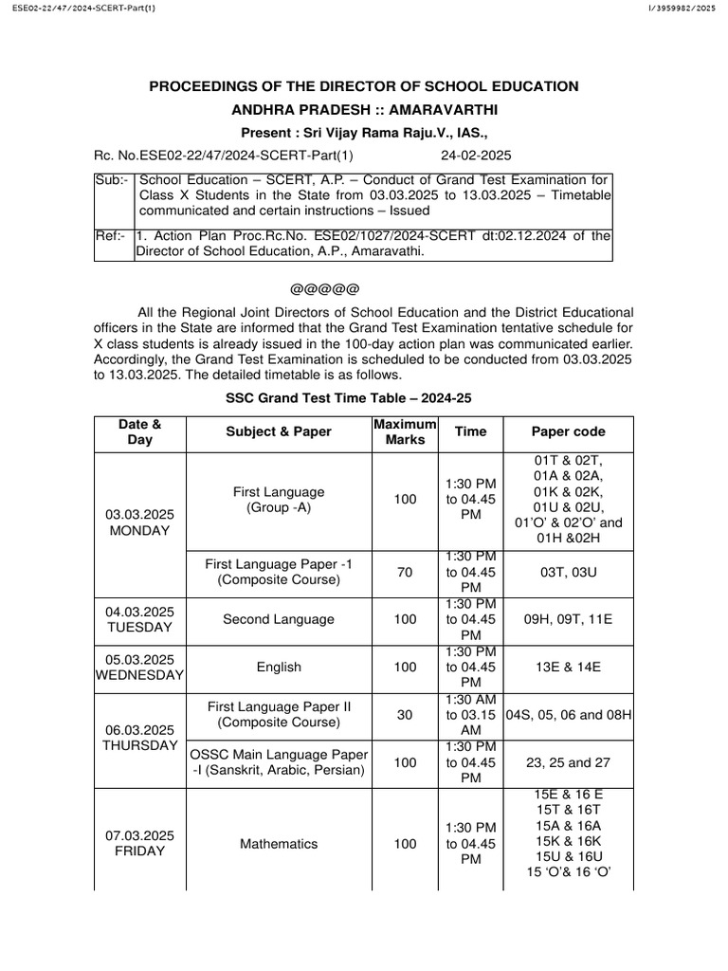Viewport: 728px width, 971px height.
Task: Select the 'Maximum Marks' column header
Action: point(405,431)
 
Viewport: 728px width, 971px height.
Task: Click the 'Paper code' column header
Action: point(568,431)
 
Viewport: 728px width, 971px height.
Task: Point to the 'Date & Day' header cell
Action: point(139,431)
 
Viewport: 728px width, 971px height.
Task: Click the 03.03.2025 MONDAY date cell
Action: point(139,522)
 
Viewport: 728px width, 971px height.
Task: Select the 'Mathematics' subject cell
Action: point(279,843)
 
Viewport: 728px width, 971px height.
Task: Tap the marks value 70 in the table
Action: point(405,572)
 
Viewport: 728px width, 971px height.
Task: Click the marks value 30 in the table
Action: point(405,715)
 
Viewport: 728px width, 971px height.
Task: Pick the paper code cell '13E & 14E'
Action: point(568,667)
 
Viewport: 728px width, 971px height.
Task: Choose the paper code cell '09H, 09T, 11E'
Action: point(568,619)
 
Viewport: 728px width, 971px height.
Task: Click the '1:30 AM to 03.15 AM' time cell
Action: point(470,715)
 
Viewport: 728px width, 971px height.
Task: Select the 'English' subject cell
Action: point(279,667)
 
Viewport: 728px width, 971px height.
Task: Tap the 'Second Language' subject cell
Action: point(279,619)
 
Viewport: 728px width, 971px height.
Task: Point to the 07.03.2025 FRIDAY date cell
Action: point(139,843)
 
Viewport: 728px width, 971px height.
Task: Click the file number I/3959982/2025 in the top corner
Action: point(681,9)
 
